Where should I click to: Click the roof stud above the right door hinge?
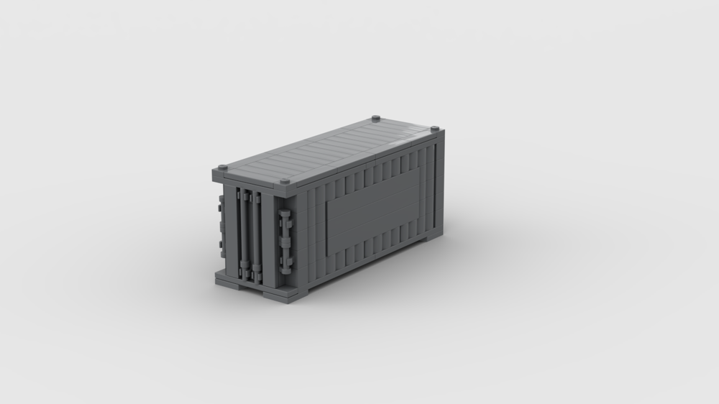pos(284,183)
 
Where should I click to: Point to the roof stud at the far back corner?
pos(377,118)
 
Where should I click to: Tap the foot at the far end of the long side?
pos(431,240)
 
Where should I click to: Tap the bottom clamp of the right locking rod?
pos(255,274)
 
